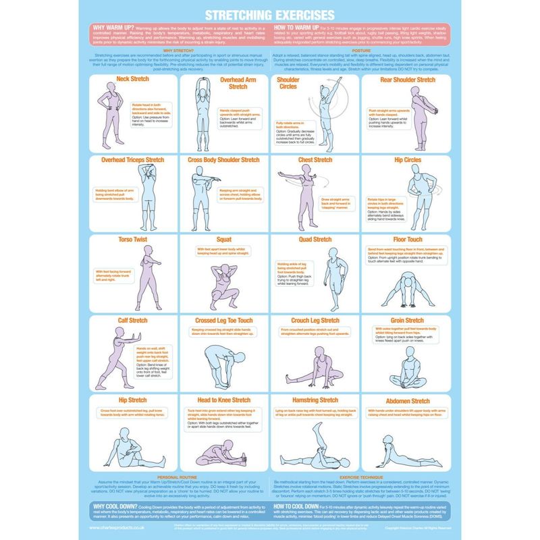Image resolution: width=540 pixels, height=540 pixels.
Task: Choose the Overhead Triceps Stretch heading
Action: click(132, 160)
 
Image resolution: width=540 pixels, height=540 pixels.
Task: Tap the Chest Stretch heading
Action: click(315, 160)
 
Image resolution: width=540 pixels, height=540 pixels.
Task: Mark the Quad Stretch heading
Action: click(315, 239)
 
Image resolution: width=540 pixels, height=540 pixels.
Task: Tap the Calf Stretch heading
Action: click(132, 320)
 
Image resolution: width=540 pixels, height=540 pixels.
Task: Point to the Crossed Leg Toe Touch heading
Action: click(223, 320)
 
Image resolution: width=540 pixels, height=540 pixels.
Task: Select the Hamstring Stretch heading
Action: click(315, 400)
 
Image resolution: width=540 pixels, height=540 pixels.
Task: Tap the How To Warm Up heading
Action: click(300, 28)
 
